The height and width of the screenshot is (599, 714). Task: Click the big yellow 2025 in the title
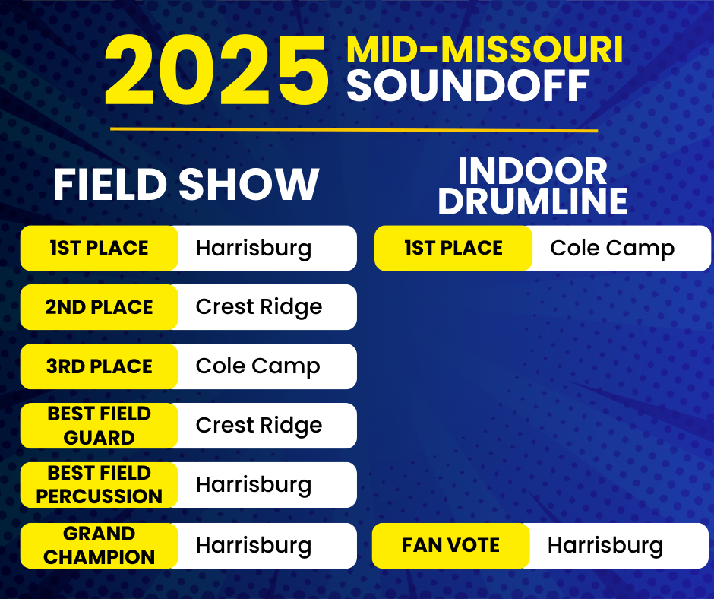[216, 71]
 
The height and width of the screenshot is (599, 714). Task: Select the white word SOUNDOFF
[468, 86]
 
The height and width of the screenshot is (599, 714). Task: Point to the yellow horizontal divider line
[354, 130]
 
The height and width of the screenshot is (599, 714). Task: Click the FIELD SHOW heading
[186, 184]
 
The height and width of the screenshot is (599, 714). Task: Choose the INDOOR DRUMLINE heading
[532, 185]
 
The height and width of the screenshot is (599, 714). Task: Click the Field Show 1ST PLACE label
[100, 248]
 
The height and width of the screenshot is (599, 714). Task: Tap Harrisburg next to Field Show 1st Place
[254, 249]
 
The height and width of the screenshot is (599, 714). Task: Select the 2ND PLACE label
[99, 307]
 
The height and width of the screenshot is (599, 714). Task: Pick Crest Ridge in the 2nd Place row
[259, 308]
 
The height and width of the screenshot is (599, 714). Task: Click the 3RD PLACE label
[100, 366]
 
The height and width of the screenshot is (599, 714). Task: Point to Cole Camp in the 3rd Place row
[257, 367]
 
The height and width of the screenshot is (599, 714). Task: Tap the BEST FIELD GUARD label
[100, 426]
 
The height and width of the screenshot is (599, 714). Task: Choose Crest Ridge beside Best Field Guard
[259, 426]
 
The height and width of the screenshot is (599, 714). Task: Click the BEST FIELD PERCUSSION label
[100, 484]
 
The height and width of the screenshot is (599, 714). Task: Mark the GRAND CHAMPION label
[100, 546]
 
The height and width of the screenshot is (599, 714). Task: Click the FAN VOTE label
[450, 545]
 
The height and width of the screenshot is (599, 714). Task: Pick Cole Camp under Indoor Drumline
[612, 249]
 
